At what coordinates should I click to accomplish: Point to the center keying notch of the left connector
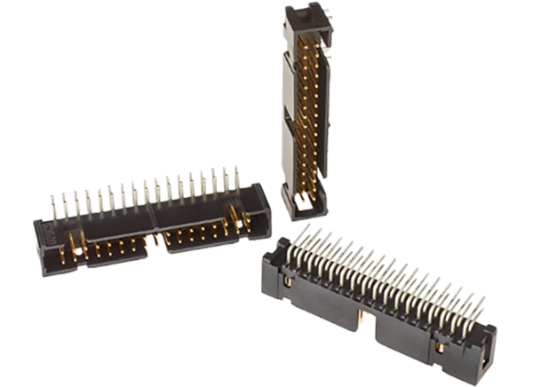click(x=158, y=233)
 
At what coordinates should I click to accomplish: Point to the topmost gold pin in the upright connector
click(x=313, y=44)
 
